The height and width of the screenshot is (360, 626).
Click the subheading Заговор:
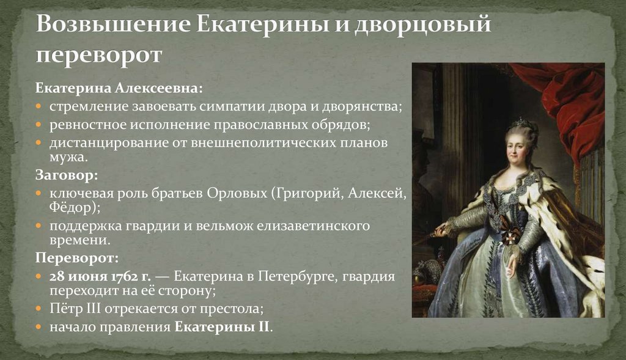click(x=66, y=176)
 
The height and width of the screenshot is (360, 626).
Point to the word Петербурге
click(x=298, y=276)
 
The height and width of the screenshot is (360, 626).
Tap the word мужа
click(x=67, y=157)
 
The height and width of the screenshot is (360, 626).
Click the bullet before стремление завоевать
click(x=38, y=107)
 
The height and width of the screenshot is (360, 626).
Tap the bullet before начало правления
click(x=38, y=326)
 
